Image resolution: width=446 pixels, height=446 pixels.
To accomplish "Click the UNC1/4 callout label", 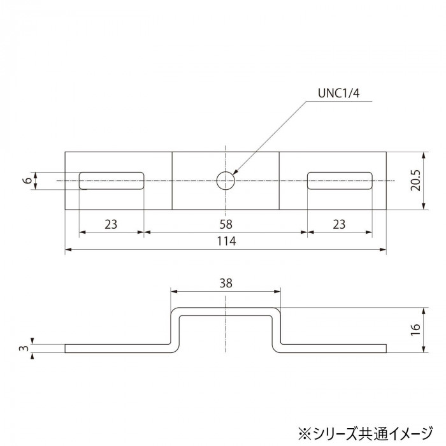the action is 338,93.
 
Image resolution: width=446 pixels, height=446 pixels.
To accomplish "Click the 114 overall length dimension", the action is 226,241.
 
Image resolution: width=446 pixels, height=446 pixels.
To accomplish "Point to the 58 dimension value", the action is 226,224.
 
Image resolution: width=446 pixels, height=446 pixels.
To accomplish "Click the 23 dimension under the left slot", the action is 111,224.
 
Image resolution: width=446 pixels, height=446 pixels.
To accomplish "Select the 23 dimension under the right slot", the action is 340,224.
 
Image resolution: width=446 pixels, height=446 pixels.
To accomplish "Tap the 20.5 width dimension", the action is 415,180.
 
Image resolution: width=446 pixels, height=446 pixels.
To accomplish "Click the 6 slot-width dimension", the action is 27,180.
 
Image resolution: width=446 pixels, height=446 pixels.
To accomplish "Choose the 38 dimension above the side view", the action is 226,283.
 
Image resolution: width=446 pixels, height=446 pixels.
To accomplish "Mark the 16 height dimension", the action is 415,329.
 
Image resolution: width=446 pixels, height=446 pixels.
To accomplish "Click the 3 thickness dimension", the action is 25,348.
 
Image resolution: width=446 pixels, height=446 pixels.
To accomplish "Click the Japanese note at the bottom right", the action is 366,433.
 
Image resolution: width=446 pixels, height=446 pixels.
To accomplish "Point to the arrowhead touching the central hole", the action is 236,171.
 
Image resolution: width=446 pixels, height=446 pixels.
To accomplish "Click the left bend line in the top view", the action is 172,181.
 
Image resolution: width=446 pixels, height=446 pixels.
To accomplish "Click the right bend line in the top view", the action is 279,181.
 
